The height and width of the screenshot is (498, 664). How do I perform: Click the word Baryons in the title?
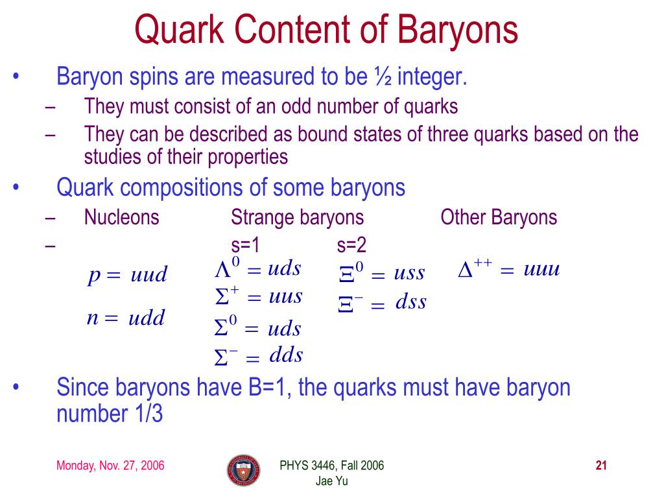tap(457, 30)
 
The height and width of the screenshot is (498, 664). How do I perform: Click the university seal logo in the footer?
tap(244, 471)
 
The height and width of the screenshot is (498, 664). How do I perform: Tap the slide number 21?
tap(601, 466)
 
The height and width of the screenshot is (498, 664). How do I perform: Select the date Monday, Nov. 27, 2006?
tap(110, 466)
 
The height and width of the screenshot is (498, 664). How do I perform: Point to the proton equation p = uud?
tap(128, 275)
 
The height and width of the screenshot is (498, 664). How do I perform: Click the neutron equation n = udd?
tap(126, 318)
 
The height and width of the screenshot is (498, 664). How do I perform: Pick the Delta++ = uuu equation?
tap(509, 268)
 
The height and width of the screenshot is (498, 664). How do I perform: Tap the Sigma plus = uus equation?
tap(259, 296)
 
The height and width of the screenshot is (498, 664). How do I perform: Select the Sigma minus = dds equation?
tap(259, 356)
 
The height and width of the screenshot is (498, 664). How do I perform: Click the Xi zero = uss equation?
tap(381, 272)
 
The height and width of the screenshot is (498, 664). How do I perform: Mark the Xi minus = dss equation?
tap(383, 302)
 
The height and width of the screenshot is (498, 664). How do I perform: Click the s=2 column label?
tap(351, 245)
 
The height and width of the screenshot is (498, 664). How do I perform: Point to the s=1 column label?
tap(245, 245)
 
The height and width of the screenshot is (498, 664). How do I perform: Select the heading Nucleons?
tap(121, 217)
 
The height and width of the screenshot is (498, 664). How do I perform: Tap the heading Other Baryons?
tap(499, 217)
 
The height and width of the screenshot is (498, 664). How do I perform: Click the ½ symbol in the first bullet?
tap(383, 77)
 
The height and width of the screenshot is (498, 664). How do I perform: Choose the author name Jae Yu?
tap(331, 481)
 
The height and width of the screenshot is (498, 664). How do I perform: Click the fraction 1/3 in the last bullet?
tap(148, 414)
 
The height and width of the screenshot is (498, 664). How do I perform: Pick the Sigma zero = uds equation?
tap(258, 327)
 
